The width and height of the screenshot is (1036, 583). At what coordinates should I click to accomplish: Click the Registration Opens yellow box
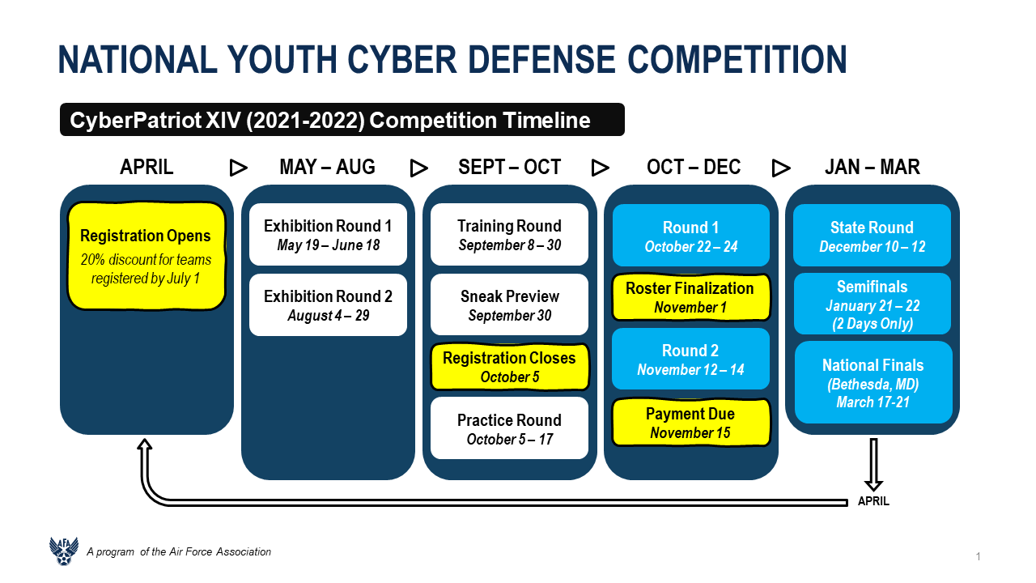click(146, 256)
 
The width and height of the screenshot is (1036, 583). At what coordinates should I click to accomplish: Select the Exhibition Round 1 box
click(328, 235)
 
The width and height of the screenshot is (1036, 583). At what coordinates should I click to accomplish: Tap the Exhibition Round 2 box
click(328, 305)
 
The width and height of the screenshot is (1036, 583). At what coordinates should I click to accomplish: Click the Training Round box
click(509, 235)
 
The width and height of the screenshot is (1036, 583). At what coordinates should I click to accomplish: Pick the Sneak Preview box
click(509, 304)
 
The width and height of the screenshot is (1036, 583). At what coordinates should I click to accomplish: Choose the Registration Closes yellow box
click(509, 367)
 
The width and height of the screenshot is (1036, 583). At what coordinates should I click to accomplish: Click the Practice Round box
click(509, 428)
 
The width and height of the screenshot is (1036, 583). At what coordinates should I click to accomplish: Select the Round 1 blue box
click(691, 235)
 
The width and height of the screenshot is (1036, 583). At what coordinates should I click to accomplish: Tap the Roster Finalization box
click(691, 297)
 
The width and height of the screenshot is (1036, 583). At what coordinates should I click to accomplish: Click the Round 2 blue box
click(691, 359)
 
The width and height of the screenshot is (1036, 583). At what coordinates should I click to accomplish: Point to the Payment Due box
click(691, 423)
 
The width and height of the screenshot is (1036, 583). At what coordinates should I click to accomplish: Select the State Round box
click(873, 235)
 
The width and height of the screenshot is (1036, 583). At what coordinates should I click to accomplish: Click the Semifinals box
click(873, 304)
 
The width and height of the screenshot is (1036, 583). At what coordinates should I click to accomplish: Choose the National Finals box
click(873, 383)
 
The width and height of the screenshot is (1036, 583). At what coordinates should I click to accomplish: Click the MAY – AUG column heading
click(328, 167)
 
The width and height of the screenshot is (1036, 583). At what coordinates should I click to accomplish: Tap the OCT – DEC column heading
click(694, 167)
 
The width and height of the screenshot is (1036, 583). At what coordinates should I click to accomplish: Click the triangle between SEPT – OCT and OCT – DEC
click(600, 168)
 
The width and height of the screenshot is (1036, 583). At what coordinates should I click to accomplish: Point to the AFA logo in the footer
click(64, 551)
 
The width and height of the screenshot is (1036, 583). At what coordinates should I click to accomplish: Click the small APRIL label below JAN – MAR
click(873, 501)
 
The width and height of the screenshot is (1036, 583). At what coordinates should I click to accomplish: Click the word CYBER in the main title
click(402, 60)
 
